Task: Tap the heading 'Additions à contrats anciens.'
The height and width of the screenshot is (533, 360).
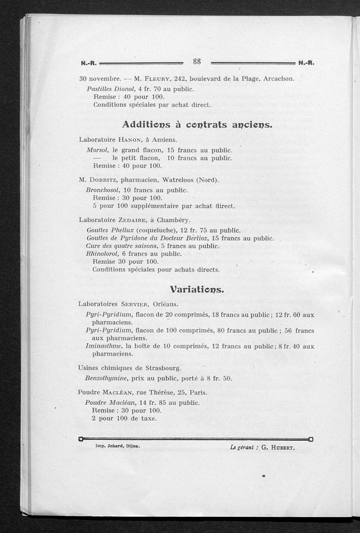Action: pyautogui.click(x=197, y=124)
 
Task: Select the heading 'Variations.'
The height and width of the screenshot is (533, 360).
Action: pyautogui.click(x=197, y=289)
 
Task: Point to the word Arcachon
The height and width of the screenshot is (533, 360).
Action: pyautogui.click(x=279, y=79)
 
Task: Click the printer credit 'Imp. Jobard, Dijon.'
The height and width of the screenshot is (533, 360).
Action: pyautogui.click(x=117, y=447)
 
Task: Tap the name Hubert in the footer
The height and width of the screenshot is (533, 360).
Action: pyautogui.click(x=282, y=448)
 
